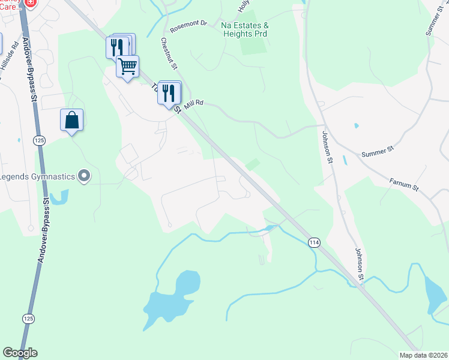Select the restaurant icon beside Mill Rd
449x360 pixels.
coord(170,92)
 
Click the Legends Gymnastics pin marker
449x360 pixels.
coord(85,176)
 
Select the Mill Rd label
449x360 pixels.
coord(194,103)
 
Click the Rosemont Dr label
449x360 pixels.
coord(188,26)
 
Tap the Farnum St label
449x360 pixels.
coord(403,183)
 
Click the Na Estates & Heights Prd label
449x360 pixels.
coord(244,30)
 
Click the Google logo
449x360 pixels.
coord(20,353)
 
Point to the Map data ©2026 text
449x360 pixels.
coord(424,355)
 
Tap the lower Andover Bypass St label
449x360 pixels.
coord(44,231)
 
